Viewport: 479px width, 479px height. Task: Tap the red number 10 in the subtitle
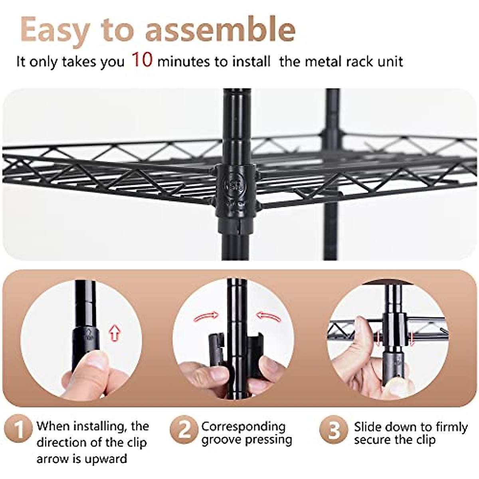[142, 60]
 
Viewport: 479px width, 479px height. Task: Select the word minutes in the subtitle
[183, 62]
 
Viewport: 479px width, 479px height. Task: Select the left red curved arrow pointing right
[206, 317]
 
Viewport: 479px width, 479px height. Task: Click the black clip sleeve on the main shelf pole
[236, 188]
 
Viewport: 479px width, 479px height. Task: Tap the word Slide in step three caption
[368, 427]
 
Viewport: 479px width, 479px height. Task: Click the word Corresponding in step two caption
[243, 426]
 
